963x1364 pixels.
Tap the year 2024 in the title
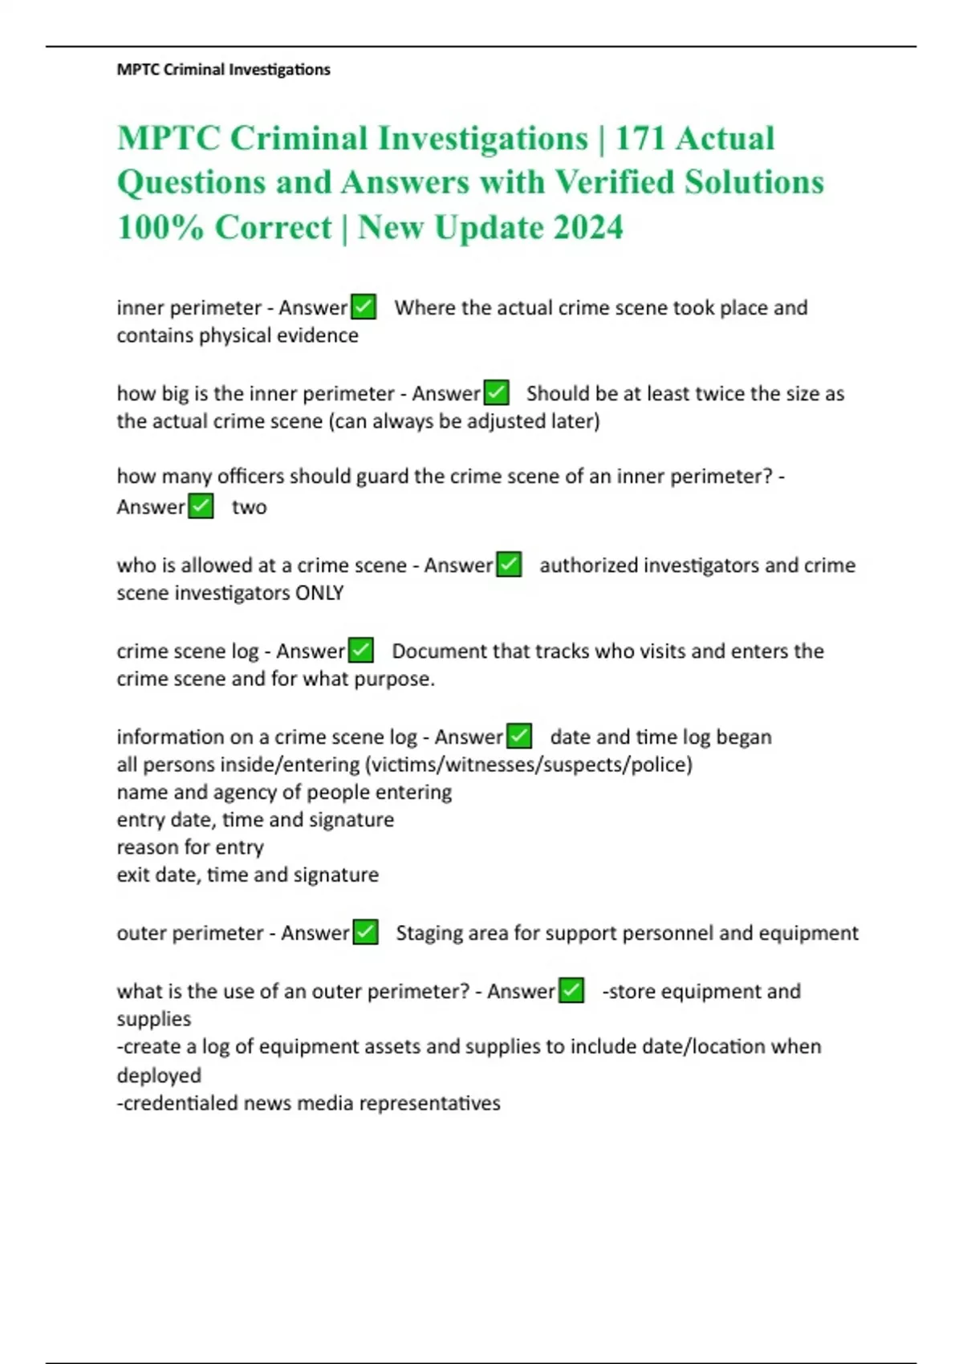[587, 227]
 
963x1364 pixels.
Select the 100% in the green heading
[160, 227]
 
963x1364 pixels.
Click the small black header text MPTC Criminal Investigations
[223, 70]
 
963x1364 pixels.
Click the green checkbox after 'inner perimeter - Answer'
[364, 306]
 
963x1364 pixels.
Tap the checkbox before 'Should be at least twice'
[497, 392]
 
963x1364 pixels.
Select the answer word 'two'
[249, 507]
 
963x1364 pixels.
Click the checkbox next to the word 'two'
[201, 506]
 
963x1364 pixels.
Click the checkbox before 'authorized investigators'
[509, 564]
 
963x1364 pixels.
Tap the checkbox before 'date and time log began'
[519, 736]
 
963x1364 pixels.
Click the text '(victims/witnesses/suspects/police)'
[529, 765]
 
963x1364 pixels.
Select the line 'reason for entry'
[190, 847]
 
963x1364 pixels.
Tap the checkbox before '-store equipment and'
[571, 990]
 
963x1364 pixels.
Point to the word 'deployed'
[159, 1075]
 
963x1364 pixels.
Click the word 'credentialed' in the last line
[180, 1103]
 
